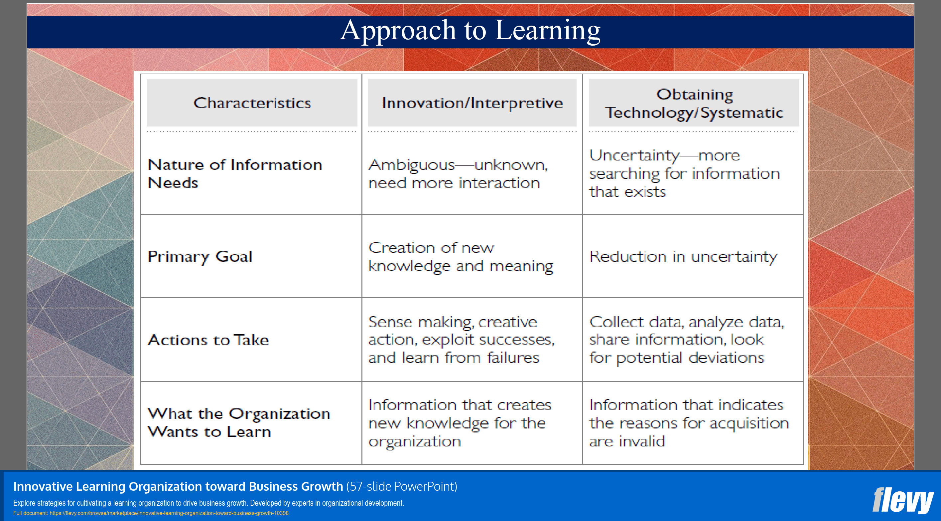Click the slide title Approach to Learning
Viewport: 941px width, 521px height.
click(x=470, y=31)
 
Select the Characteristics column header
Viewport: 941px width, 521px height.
click(x=252, y=103)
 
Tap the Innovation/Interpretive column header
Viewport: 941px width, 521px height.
click(x=472, y=103)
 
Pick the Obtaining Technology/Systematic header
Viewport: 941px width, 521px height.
click(x=694, y=104)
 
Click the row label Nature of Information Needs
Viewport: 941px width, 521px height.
click(x=234, y=174)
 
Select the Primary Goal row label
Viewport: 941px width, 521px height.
click(x=200, y=256)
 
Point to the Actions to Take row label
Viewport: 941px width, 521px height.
click(x=208, y=340)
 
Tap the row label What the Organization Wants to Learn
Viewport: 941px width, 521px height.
click(x=238, y=423)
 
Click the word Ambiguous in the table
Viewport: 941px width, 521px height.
click(x=411, y=165)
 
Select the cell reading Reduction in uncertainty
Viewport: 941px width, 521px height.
click(x=683, y=256)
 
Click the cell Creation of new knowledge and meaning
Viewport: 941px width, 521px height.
click(x=460, y=257)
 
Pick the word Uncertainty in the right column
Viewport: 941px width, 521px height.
click(x=634, y=156)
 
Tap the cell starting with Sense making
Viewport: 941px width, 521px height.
click(x=461, y=340)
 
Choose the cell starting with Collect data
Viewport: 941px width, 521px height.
click(x=686, y=340)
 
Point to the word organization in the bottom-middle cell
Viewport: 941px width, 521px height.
click(x=414, y=442)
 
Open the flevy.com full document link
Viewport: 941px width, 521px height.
click(x=169, y=513)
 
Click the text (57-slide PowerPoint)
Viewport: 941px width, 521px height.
click(x=401, y=487)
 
